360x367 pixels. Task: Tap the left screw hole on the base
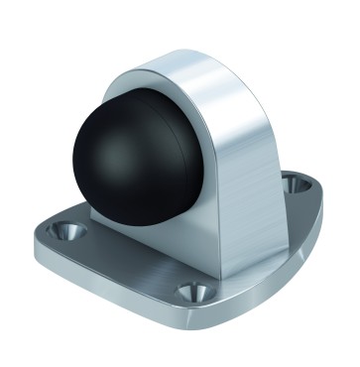pyautogui.click(x=70, y=233)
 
